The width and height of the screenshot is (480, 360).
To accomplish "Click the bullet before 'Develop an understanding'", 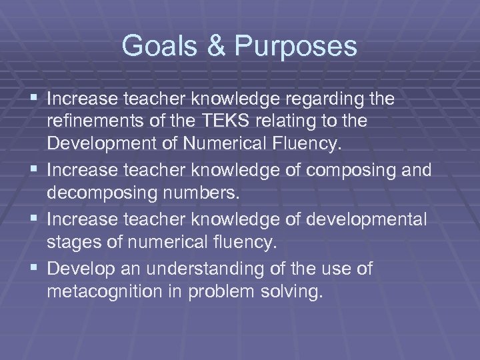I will [x=34, y=269].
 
